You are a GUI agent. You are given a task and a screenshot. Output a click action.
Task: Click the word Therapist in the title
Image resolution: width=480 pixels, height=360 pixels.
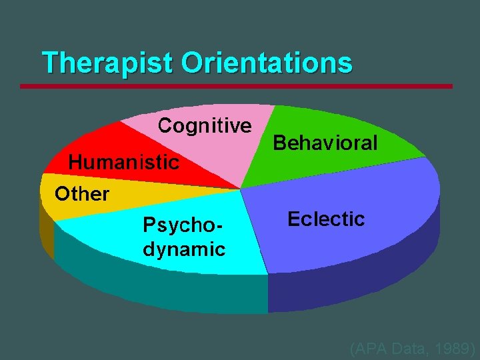107,63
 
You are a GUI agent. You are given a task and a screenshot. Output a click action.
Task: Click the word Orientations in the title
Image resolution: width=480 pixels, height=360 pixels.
266,63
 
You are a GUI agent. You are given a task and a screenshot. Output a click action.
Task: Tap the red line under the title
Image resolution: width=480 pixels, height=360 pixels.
236,86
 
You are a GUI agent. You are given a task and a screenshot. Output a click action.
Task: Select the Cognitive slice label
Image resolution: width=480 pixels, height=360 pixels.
205,125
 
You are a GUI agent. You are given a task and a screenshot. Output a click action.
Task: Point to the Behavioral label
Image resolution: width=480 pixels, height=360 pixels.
325,143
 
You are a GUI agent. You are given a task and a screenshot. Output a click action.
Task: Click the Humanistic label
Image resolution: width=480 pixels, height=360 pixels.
124,161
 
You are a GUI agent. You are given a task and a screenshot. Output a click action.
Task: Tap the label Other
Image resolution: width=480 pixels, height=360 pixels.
82,194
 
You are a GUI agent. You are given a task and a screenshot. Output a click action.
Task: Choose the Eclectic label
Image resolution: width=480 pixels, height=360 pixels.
326,219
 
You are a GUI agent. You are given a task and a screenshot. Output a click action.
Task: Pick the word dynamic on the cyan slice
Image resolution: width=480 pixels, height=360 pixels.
184,249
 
